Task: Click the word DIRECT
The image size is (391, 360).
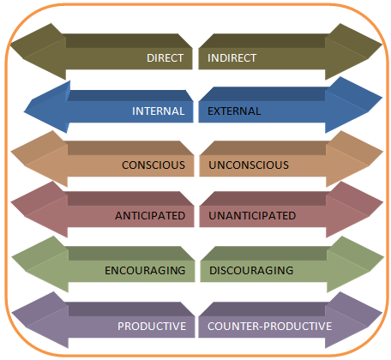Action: point(165,58)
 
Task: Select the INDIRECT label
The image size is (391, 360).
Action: point(232,58)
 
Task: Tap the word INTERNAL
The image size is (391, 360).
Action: point(158,111)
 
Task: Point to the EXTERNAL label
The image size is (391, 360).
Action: point(234,111)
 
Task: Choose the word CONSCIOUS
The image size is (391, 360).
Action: point(153,165)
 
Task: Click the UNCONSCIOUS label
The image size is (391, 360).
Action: point(249,165)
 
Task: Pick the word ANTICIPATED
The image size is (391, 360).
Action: point(150,216)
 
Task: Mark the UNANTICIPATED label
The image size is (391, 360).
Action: point(252,216)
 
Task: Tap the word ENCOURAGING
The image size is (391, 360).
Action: point(145,270)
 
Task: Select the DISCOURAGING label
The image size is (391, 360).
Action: point(251,270)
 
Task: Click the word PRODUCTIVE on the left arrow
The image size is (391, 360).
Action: point(152,327)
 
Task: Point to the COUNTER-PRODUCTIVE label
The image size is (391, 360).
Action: point(269,327)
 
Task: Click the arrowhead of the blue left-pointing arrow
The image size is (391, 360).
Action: point(47,108)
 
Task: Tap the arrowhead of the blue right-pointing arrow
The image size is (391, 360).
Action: point(353,105)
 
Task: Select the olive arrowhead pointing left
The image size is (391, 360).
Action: point(39,51)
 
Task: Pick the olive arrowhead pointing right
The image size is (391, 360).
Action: point(353,51)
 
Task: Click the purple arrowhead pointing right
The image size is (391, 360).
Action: point(353,320)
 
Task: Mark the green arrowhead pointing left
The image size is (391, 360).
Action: point(40,264)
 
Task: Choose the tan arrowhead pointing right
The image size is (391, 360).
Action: point(354,159)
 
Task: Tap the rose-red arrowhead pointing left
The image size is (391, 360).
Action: point(39,209)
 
